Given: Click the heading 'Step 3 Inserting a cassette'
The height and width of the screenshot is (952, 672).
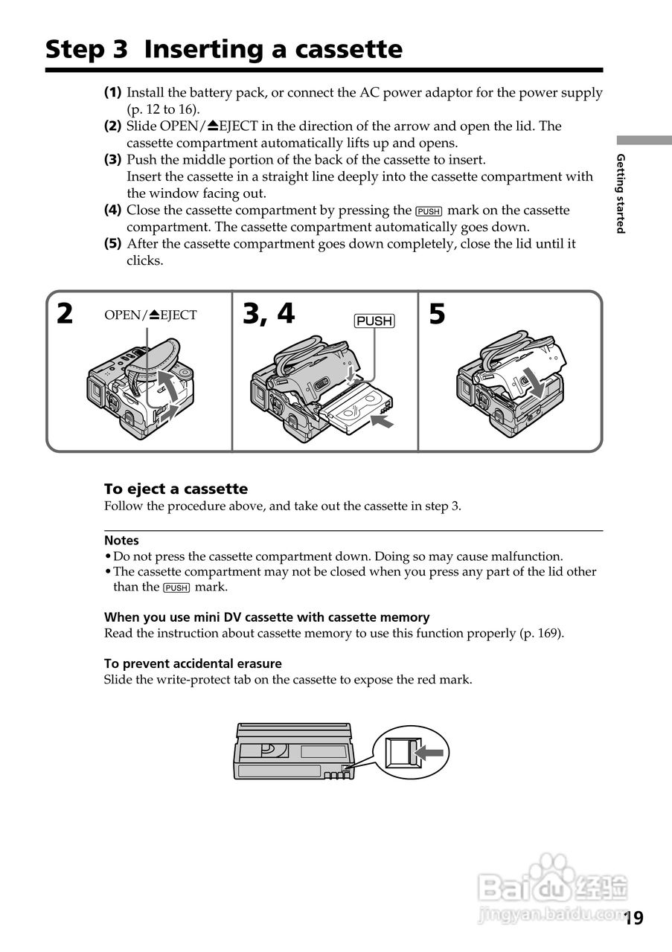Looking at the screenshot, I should (x=223, y=50).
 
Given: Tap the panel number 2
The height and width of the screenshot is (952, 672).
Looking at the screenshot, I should (x=65, y=315).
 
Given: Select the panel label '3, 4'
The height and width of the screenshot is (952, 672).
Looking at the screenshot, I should (x=269, y=315).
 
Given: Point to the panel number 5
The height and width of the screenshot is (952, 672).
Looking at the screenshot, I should (x=437, y=315).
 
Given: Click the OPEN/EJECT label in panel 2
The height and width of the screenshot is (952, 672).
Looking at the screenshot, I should (x=150, y=315).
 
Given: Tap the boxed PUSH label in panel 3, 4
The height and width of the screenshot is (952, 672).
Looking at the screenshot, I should (x=374, y=321).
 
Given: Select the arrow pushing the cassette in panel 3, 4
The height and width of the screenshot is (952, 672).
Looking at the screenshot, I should (x=382, y=423).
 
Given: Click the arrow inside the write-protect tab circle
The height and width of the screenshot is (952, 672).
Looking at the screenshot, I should (x=429, y=753).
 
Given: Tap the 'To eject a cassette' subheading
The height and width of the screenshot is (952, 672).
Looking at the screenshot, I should (x=176, y=489).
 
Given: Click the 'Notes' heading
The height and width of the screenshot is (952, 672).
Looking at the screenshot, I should (x=121, y=541).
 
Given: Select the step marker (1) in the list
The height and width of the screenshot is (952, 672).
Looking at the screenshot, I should (x=112, y=93).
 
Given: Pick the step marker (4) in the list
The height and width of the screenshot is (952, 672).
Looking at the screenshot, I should (x=112, y=210).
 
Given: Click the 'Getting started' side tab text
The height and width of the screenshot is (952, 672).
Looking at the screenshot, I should (x=620, y=193).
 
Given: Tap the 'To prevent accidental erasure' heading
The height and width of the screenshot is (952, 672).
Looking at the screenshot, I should (x=193, y=663).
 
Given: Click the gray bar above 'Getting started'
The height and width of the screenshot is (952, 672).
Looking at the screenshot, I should (x=643, y=141).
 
